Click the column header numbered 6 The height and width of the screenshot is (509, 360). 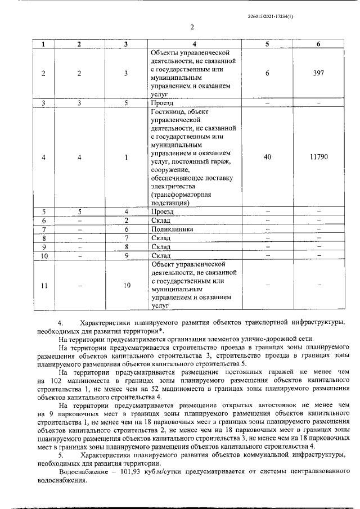[318, 44]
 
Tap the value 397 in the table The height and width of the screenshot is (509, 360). [318, 73]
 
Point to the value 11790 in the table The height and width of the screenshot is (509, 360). [318, 157]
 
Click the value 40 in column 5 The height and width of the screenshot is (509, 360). [267, 157]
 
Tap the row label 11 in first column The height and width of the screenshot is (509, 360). [44, 285]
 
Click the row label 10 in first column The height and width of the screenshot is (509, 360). [44, 256]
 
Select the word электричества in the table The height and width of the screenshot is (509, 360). [173, 185]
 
